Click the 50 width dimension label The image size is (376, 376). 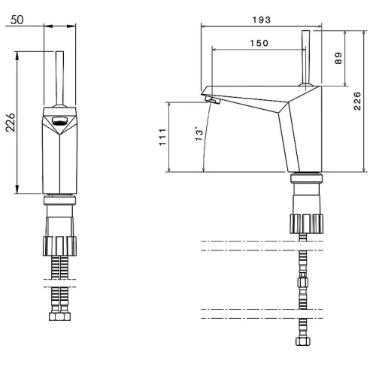17,20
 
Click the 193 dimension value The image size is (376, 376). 262,20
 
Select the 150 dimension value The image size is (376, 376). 259,43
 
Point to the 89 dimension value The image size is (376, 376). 338,58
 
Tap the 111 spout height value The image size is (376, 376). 162,137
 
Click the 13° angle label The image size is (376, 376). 199,135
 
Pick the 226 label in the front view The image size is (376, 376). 11,123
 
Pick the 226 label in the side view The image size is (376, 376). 357,101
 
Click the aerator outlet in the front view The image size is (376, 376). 59,121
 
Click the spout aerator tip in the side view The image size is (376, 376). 213,100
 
